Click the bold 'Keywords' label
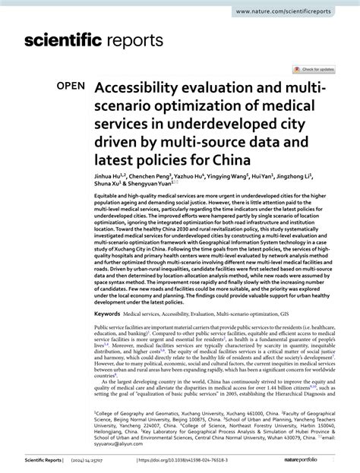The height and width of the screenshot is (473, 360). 107,312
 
